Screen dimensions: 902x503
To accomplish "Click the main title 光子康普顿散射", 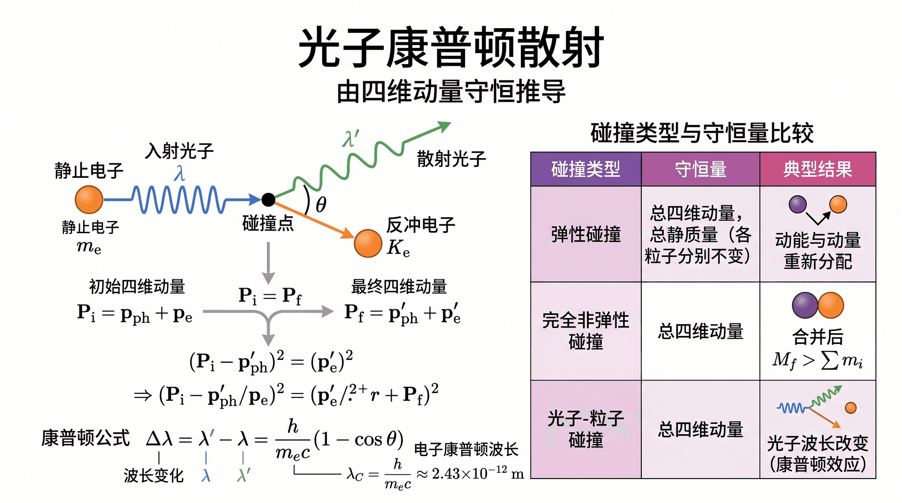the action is point(451,47).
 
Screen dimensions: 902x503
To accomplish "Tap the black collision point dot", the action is point(268,200).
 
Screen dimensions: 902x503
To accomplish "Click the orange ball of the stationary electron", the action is point(89,199).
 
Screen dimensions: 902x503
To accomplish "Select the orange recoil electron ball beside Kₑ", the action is point(368,243).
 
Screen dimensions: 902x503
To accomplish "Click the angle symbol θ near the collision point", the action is point(321,205).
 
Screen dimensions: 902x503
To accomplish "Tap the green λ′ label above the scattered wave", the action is point(351,138).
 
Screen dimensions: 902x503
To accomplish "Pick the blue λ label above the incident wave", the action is point(179,173).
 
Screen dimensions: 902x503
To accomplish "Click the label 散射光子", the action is point(451,159).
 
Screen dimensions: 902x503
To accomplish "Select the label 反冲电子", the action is point(420,225).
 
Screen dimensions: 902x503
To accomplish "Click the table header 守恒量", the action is point(700,169).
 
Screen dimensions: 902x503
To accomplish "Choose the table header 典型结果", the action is point(817,169).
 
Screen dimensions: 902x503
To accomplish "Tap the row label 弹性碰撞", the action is point(586,234).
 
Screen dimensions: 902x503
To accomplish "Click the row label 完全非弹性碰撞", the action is point(586,331).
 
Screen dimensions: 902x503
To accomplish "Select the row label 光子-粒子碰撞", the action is point(586,429).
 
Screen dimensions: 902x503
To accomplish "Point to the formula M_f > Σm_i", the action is point(817,360).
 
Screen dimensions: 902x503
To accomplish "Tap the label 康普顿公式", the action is point(86,438).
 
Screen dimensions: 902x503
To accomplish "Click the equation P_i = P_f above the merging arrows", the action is point(270,296).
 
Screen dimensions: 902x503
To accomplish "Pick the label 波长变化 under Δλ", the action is point(154,475).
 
